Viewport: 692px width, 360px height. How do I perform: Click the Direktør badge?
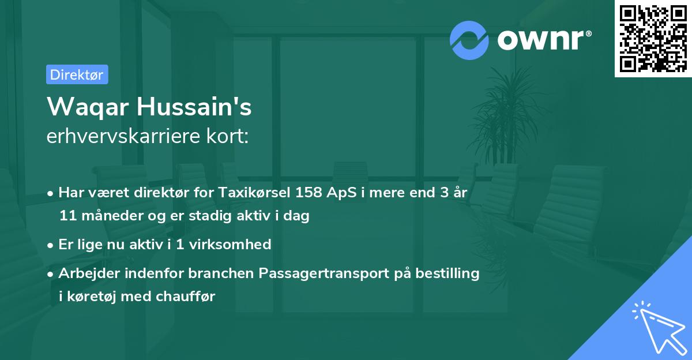77,74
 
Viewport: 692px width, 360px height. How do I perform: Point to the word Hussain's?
196,107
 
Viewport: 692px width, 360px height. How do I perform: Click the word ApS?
348,193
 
